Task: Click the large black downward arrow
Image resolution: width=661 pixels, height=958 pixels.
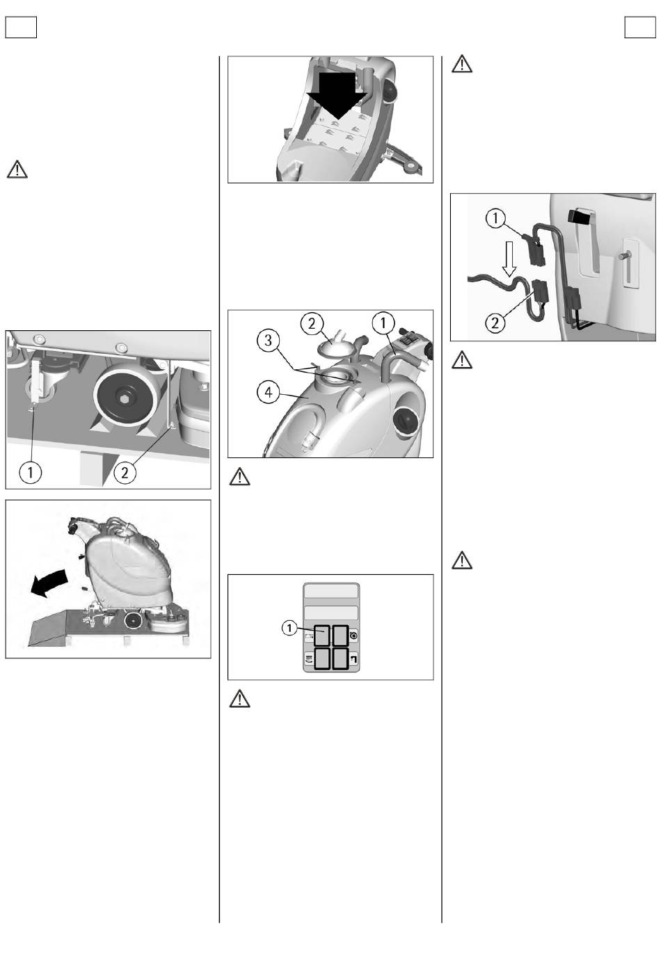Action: coord(337,96)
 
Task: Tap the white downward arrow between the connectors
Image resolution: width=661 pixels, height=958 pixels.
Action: coord(509,259)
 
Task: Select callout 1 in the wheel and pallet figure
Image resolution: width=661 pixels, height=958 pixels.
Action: coord(31,473)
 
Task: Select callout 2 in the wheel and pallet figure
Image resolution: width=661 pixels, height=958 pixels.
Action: coord(125,473)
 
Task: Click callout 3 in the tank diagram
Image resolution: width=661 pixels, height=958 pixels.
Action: coord(269,341)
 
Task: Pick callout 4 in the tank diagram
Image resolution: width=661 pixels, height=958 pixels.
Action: coord(269,392)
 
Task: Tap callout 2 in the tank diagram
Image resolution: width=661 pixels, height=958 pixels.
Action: coord(312,324)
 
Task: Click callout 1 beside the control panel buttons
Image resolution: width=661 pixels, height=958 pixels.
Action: coord(289,628)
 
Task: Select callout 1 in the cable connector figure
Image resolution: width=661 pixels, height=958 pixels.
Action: coord(495,218)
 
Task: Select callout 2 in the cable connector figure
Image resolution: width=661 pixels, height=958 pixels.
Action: coord(495,323)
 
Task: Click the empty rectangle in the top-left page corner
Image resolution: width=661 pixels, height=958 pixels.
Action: coord(21,27)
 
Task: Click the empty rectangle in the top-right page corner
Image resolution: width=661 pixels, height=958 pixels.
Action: coord(640,27)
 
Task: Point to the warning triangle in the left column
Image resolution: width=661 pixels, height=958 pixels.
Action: coord(17,170)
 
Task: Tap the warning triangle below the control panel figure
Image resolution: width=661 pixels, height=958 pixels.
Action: coord(240,699)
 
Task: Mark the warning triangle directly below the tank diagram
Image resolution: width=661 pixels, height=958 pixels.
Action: coord(240,477)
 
